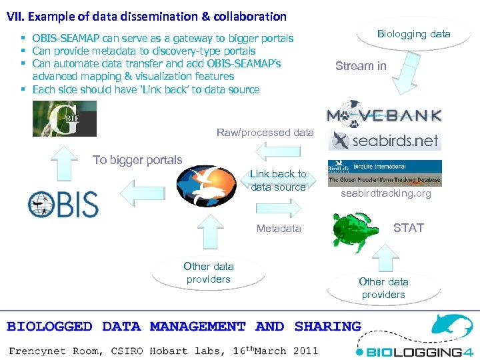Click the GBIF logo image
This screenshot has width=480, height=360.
click(x=65, y=119)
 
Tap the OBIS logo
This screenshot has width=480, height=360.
click(x=63, y=205)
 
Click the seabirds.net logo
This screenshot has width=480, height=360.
click(x=386, y=140)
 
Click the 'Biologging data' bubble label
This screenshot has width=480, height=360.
click(x=413, y=34)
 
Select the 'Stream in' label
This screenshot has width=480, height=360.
click(x=361, y=66)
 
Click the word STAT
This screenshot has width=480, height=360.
click(x=409, y=228)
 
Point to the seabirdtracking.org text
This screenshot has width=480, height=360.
click(x=386, y=193)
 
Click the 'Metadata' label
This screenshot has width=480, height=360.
click(x=279, y=229)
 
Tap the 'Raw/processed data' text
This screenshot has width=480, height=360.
click(x=265, y=133)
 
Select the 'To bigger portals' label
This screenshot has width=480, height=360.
click(x=137, y=160)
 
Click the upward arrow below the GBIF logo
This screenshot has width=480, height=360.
click(x=65, y=163)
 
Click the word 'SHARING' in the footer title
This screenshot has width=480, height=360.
click(x=327, y=327)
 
